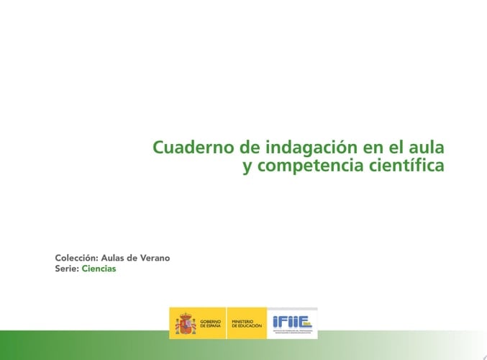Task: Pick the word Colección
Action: coord(76,258)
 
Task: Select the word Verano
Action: coord(155,258)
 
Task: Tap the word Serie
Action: coord(66,269)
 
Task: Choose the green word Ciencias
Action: coord(99,269)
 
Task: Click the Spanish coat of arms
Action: coord(185,323)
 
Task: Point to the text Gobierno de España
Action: coord(211,324)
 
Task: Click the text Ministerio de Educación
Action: coord(247,324)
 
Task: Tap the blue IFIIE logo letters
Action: coord(289,321)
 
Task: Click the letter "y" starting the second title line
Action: coord(247,168)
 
